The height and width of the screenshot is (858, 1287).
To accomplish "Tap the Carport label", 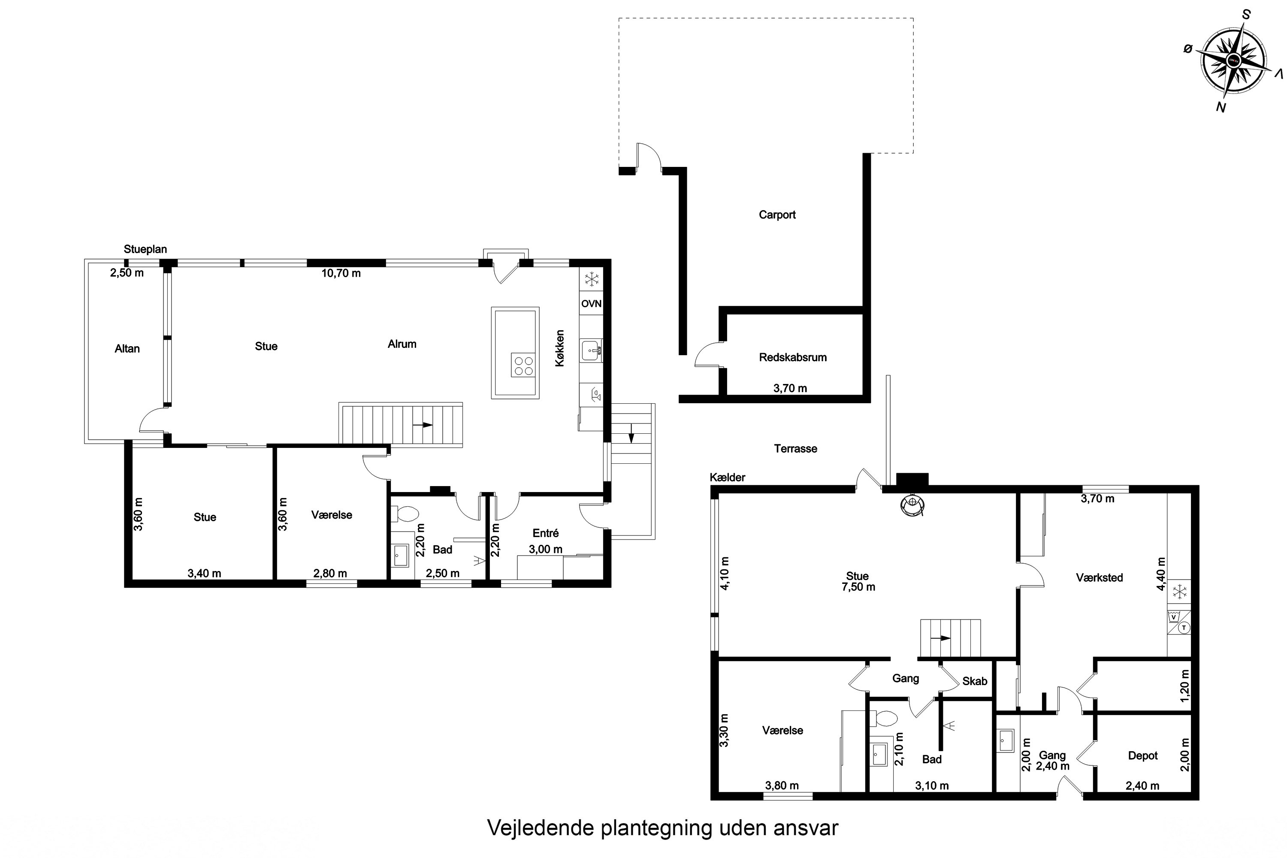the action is point(777,215).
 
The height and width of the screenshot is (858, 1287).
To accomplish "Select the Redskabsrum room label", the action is point(793,357).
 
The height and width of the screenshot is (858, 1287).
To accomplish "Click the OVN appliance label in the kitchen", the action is point(591,304).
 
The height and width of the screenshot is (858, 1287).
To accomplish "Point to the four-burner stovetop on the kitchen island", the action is point(522,365).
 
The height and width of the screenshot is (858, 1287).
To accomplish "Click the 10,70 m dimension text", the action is point(341,273).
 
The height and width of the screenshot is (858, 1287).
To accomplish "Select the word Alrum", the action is point(402,344).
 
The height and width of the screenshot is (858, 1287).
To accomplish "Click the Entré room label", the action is point(546,533).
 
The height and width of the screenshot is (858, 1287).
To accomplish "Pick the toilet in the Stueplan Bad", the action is point(405,513).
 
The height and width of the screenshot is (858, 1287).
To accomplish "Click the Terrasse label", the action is point(796,449).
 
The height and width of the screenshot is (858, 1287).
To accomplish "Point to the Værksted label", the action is point(1099,577).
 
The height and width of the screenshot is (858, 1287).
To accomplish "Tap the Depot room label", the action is point(1143,755).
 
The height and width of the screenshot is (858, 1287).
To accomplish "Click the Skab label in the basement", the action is point(975,681).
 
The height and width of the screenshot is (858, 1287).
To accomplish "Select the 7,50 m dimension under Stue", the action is point(858,587).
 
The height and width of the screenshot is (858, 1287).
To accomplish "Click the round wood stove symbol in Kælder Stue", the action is point(913,505).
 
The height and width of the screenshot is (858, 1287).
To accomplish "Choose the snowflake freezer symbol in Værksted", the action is point(1180,592).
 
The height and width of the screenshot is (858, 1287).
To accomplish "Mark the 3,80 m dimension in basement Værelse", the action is point(782,786).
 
